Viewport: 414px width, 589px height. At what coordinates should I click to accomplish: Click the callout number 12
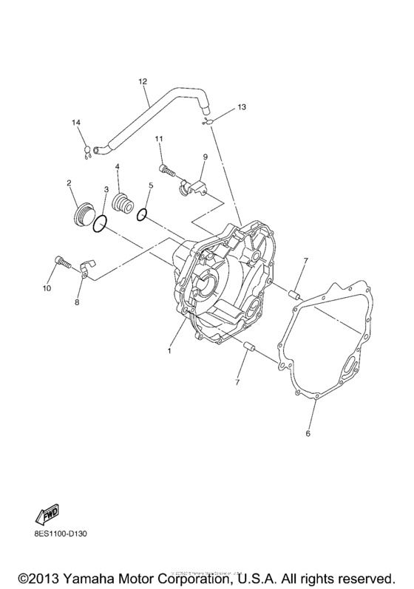click(x=143, y=81)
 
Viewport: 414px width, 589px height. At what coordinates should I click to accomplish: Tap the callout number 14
click(x=75, y=121)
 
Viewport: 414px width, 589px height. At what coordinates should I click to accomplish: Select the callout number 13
click(x=241, y=107)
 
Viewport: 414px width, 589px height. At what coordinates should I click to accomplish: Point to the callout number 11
click(x=159, y=139)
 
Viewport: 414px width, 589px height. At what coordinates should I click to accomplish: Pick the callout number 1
click(x=169, y=350)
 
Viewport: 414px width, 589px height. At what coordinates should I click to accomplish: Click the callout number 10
click(x=47, y=288)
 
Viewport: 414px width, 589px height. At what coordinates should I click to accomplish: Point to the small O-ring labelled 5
click(x=142, y=215)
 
